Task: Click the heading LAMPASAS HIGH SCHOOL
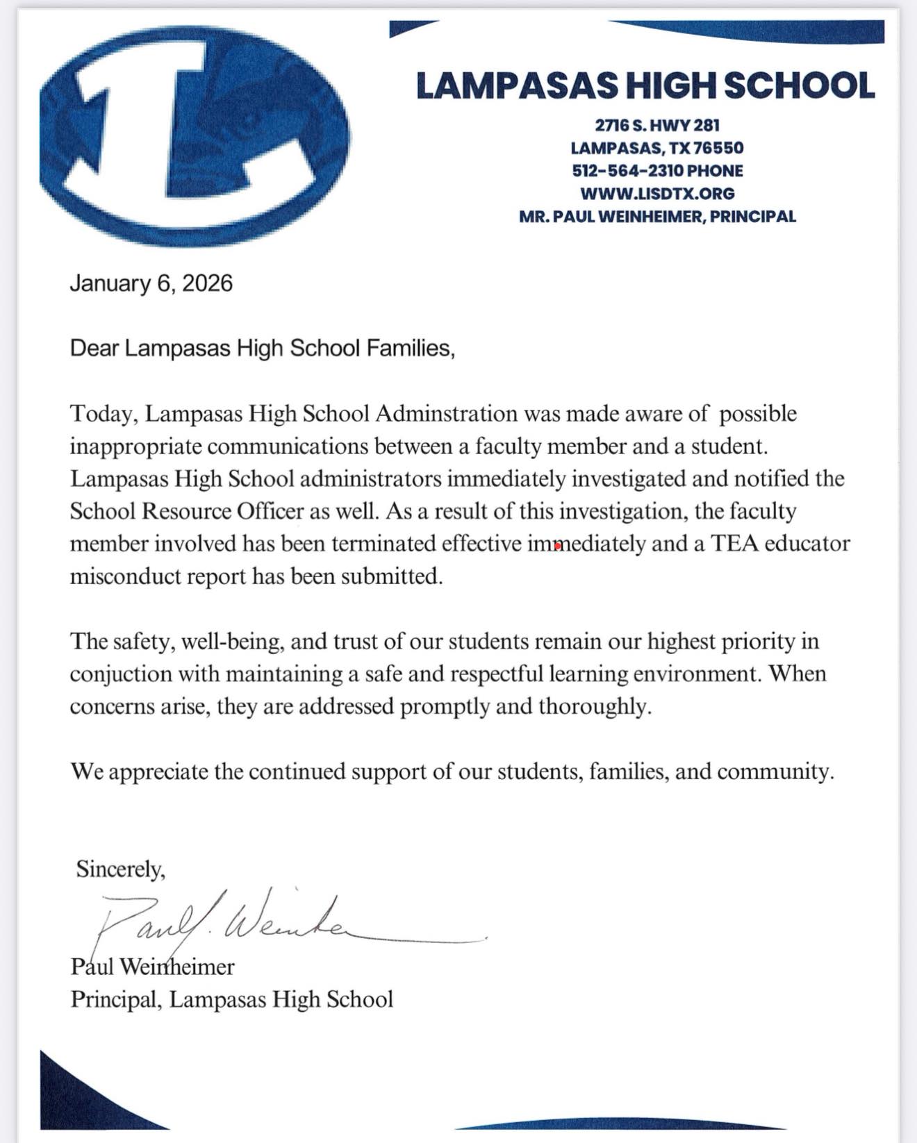[645, 86]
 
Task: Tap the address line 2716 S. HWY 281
[657, 126]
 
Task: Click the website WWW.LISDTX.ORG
[657, 193]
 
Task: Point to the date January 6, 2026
[151, 283]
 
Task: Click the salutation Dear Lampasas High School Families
[262, 348]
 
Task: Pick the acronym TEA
[735, 543]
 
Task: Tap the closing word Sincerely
[120, 869]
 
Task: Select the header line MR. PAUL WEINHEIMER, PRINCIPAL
[657, 216]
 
